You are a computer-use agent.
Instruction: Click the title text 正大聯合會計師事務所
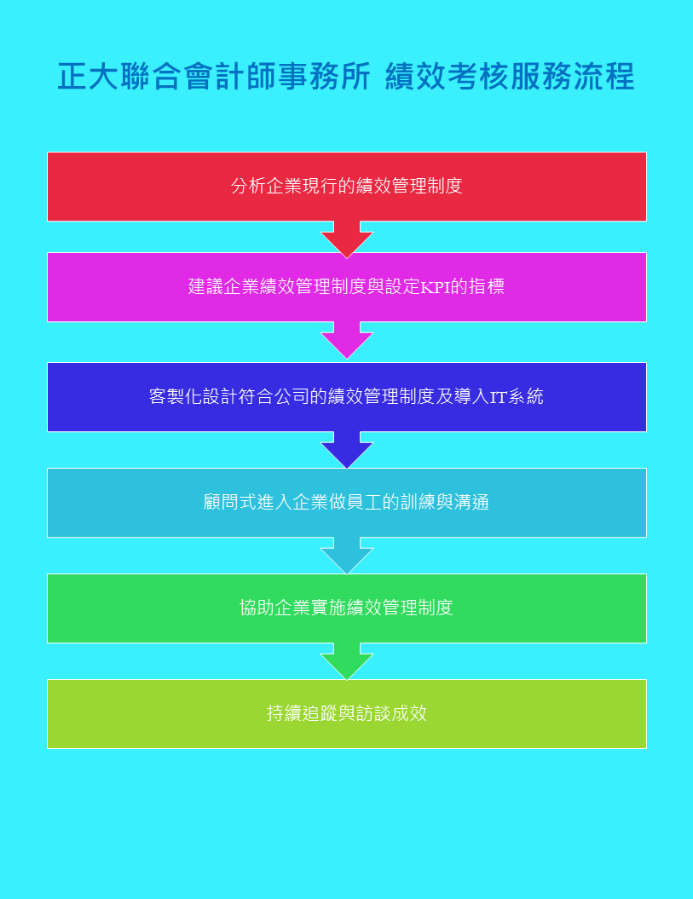tap(214, 77)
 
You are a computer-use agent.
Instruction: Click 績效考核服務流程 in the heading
tap(509, 77)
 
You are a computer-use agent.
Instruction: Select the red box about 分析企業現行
tap(347, 186)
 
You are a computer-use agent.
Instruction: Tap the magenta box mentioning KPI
tap(347, 286)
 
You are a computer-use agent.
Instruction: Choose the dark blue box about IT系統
tap(347, 396)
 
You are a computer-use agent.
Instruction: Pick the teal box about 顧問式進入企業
tap(347, 502)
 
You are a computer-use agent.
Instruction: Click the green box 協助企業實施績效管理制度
tap(347, 608)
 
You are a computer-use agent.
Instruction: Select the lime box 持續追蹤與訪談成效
tap(347, 713)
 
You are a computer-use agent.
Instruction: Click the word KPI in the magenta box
tap(435, 287)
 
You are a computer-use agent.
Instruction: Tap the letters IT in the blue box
tap(499, 397)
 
